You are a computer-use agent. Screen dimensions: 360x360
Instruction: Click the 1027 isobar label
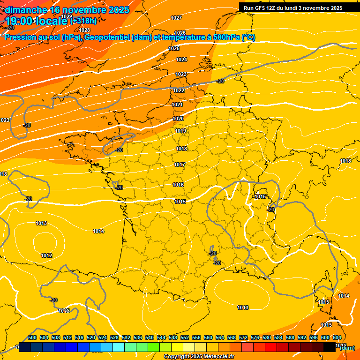(176, 18)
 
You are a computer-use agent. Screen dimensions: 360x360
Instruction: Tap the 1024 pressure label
(181, 60)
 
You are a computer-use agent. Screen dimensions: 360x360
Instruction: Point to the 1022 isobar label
(179, 90)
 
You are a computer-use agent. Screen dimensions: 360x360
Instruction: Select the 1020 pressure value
(178, 119)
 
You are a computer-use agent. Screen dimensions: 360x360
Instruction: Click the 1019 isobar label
(181, 131)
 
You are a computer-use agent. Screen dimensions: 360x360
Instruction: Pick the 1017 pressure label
(180, 165)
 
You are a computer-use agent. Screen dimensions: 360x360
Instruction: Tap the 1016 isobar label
(178, 185)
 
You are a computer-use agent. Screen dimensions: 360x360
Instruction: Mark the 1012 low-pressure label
(46, 255)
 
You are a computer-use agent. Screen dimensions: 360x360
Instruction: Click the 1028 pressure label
(84, 30)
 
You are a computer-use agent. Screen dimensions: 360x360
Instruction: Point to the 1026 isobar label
(180, 33)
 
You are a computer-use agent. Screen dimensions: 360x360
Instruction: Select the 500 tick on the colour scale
(32, 337)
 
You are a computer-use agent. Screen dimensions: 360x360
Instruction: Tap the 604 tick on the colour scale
(337, 337)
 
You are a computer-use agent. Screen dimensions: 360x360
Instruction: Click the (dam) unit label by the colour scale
(347, 348)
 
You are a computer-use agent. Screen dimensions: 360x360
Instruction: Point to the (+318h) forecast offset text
(83, 21)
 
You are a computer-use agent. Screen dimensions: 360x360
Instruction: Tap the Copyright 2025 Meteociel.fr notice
(199, 356)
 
